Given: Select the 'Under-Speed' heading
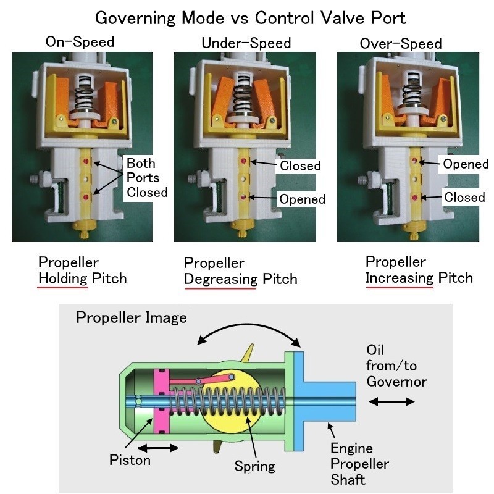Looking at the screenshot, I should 246,43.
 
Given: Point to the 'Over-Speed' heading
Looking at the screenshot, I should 401,43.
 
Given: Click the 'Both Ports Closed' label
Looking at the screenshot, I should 147,178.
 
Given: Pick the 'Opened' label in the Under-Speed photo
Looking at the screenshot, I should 302,199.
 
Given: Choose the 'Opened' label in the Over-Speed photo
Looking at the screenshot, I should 466,165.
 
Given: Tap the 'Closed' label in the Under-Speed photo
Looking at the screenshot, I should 300,165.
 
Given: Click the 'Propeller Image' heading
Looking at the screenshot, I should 131,318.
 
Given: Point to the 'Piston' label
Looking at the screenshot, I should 130,460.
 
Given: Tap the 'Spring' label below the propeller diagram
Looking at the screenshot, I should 254,465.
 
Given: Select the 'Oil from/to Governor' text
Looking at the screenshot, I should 396,366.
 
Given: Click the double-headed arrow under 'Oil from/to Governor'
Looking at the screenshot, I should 392,401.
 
